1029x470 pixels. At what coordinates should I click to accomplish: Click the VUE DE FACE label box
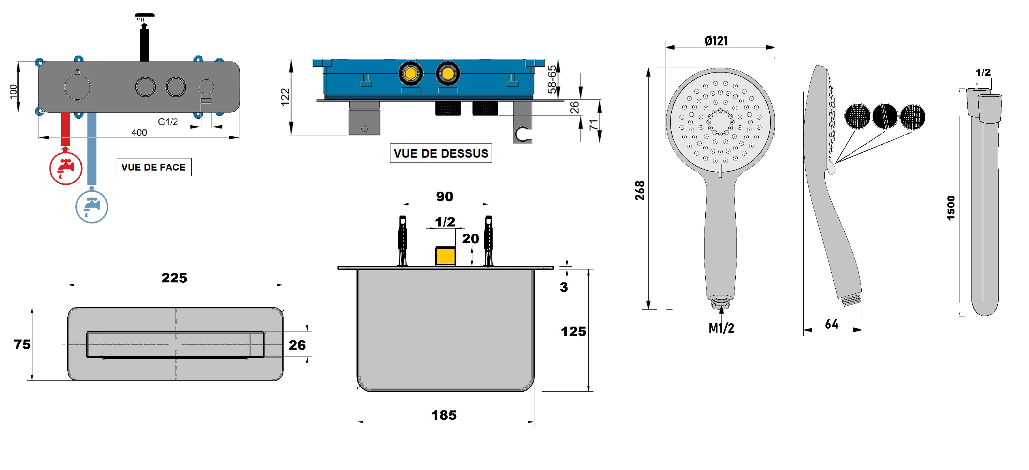(154, 167)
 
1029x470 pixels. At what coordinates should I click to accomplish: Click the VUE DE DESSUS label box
(441, 153)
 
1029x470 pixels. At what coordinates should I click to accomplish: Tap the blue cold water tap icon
(92, 207)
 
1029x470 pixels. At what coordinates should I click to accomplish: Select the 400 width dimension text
(139, 132)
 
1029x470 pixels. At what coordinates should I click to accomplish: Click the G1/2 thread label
(168, 122)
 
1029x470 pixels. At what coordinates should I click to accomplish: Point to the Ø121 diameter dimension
(716, 41)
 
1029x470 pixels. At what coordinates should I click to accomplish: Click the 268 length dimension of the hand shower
(640, 190)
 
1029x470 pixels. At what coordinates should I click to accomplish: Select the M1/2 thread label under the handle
(721, 328)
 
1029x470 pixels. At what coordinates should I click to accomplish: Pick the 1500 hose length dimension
(951, 208)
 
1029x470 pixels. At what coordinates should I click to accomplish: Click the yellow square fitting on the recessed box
(445, 256)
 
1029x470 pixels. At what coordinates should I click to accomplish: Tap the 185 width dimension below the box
(444, 415)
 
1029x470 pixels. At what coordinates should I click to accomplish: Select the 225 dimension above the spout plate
(174, 278)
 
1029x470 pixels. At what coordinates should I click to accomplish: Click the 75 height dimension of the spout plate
(22, 344)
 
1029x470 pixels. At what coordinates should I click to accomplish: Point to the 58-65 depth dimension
(552, 79)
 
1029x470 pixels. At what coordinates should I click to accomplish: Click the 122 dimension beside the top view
(285, 97)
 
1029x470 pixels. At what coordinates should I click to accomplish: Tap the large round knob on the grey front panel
(77, 87)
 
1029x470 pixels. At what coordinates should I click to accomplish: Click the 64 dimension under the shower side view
(832, 324)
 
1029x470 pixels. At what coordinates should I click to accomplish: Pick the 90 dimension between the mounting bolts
(444, 197)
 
